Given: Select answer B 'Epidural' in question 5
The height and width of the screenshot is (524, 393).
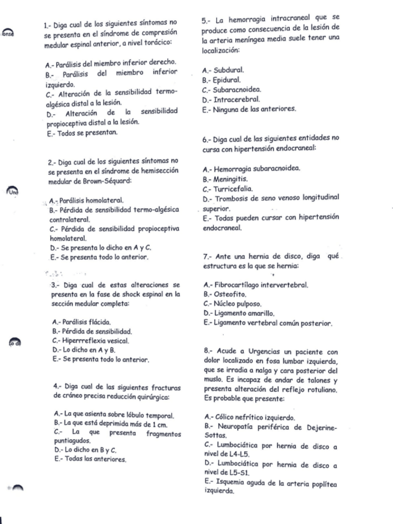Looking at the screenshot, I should [x=224, y=80].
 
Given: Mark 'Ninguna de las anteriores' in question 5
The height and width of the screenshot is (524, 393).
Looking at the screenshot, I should [x=243, y=108].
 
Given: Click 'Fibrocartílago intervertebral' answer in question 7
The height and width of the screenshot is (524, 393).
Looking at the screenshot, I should [x=255, y=285].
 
